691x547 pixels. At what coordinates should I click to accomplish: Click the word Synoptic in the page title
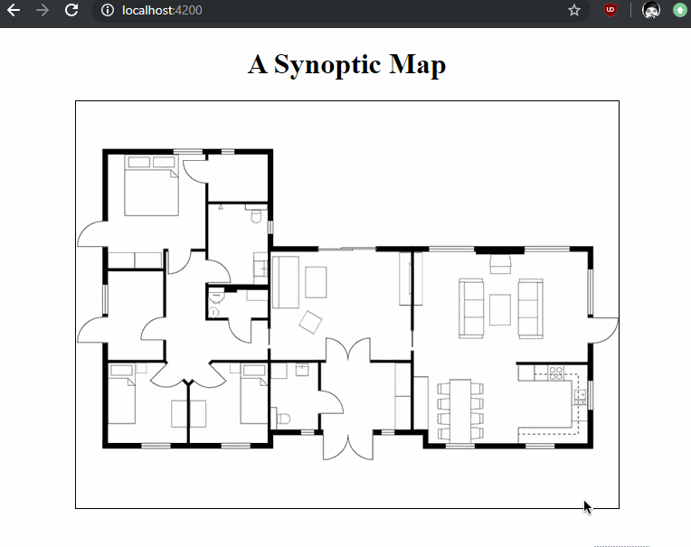tap(327, 65)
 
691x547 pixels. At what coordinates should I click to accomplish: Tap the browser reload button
tap(71, 10)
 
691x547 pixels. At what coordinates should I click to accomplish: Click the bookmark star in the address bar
tap(573, 10)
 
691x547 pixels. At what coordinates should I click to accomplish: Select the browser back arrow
tap(14, 10)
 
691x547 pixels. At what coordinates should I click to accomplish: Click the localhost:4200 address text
tap(162, 10)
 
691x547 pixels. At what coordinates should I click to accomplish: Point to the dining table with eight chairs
tap(460, 410)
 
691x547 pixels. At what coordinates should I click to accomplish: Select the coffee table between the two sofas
tap(500, 309)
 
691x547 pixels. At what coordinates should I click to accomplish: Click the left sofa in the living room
tap(471, 308)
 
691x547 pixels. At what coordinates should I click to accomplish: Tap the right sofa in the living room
tap(530, 308)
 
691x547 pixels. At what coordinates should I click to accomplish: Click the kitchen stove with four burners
tap(555, 373)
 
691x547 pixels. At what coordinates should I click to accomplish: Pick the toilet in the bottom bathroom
tap(283, 418)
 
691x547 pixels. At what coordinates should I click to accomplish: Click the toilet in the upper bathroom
tap(256, 216)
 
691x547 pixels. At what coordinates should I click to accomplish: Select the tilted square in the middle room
tap(310, 322)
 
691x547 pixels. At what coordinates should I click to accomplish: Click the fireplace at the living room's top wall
tap(500, 264)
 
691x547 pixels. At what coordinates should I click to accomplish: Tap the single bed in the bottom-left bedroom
tap(122, 394)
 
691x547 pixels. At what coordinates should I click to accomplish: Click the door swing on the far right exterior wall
tap(604, 330)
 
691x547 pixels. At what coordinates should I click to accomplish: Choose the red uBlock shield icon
tap(610, 10)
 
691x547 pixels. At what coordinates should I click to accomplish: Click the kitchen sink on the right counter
tap(580, 397)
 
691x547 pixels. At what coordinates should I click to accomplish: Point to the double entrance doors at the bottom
tap(347, 446)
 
